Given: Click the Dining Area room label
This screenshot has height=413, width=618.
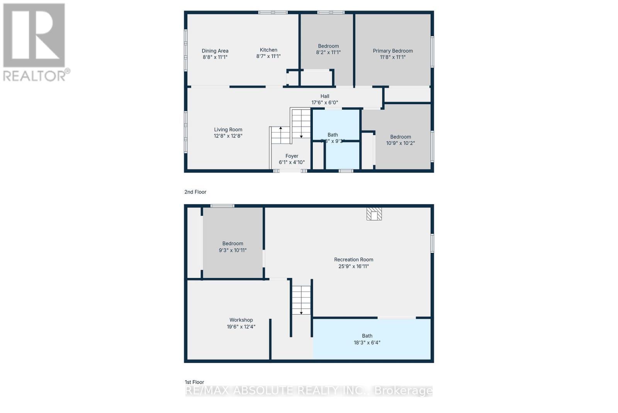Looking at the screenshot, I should coord(215,51).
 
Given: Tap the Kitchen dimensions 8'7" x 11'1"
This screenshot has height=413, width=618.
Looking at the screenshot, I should coord(268,56).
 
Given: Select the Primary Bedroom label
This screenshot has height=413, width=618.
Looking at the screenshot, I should coord(392,51).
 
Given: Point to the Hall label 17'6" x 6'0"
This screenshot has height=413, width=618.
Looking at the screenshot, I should coord(324,99).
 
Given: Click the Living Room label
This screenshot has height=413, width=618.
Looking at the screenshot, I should coord(228,130).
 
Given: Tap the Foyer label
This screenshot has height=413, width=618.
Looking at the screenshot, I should coord(292,156).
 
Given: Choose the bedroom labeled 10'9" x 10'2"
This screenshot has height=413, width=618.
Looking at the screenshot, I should coord(400,140).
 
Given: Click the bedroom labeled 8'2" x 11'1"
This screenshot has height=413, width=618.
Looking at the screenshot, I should coord(328,49).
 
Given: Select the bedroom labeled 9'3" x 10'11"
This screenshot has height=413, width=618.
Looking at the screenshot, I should coord(233,247).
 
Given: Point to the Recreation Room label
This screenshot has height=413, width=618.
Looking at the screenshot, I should coord(353,260).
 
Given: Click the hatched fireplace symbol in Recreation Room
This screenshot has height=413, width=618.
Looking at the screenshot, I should coord(374,214).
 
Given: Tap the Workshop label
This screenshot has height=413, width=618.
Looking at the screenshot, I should coord(241,320).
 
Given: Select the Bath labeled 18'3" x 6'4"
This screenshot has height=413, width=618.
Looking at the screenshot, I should coord(367,339).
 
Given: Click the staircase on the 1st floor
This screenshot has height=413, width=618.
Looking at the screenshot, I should coord(301,300).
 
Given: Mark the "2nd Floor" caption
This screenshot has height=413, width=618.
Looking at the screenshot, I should coord(195,192).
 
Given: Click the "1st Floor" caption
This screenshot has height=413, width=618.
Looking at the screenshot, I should coord(194,382).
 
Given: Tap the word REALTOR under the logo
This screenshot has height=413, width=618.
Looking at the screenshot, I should coord(35,76).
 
